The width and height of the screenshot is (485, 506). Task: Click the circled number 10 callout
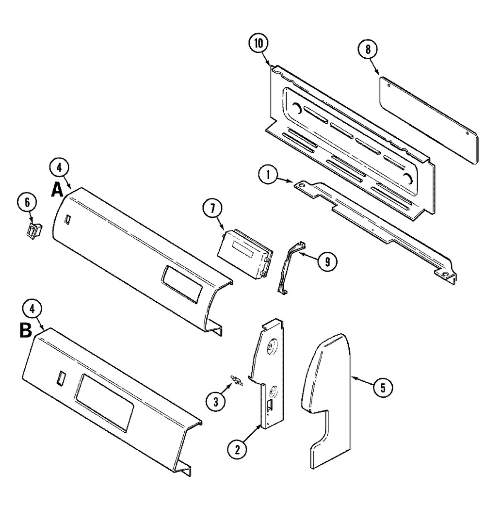point(259,44)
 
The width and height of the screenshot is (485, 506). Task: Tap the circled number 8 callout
point(368,49)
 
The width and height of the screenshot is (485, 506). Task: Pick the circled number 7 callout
point(212,209)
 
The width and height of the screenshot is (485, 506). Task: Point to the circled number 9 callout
point(327,261)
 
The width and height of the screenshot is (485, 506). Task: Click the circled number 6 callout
point(27,202)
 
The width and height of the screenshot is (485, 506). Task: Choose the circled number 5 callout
point(383,388)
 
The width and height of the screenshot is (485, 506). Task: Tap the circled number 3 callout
point(215,402)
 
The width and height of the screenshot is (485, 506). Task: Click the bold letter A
point(57,190)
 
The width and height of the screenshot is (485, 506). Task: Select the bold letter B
point(26,330)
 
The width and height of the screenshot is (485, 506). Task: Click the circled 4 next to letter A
point(59,167)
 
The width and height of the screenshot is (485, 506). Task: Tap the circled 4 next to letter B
point(32,309)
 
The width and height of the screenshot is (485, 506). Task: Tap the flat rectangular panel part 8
point(429,120)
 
